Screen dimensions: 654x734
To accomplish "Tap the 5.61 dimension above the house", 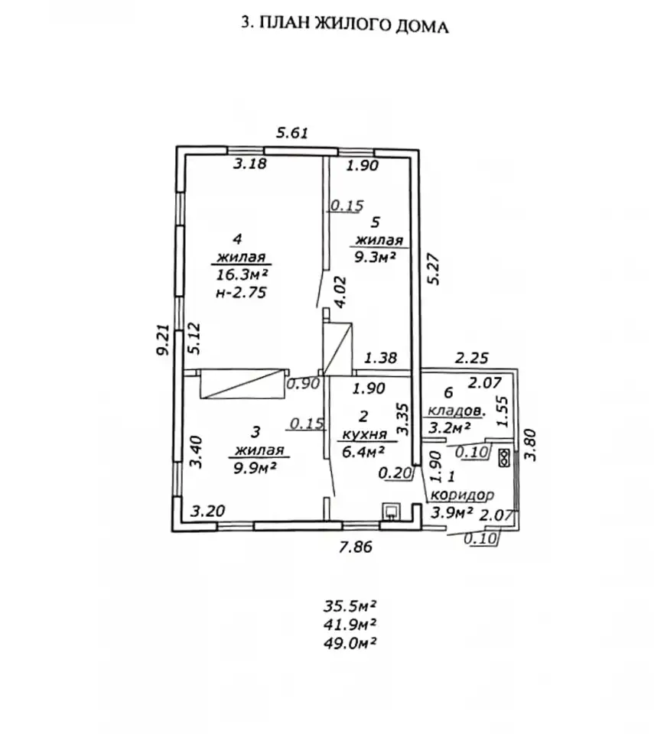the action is pyautogui.click(x=292, y=133).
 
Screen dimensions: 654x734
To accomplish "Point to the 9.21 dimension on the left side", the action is pyautogui.click(x=164, y=339).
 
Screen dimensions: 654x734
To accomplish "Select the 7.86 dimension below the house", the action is pyautogui.click(x=356, y=546).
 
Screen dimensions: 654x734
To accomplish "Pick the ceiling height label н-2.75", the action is pyautogui.click(x=241, y=293).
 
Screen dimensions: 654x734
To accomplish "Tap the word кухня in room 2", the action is pyautogui.click(x=364, y=434).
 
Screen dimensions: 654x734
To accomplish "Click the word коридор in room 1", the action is pyautogui.click(x=462, y=495).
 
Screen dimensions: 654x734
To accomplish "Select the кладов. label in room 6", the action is pyautogui.click(x=457, y=411).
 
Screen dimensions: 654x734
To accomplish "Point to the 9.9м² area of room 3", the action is pyautogui.click(x=253, y=467).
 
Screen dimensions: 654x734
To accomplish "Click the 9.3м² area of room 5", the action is pyautogui.click(x=376, y=257).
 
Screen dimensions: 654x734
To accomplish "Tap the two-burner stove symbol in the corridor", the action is pyautogui.click(x=504, y=458).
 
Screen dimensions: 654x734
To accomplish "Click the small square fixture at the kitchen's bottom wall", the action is pyautogui.click(x=391, y=512).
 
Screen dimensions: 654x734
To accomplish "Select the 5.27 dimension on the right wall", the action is pyautogui.click(x=434, y=268).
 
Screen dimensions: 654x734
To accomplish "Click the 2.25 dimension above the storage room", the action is pyautogui.click(x=472, y=358).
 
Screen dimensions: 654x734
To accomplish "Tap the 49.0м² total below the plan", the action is pyautogui.click(x=350, y=642).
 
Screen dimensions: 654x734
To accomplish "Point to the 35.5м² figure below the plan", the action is pyautogui.click(x=350, y=606).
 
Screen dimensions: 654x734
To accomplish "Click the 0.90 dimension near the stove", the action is pyautogui.click(x=303, y=384).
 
